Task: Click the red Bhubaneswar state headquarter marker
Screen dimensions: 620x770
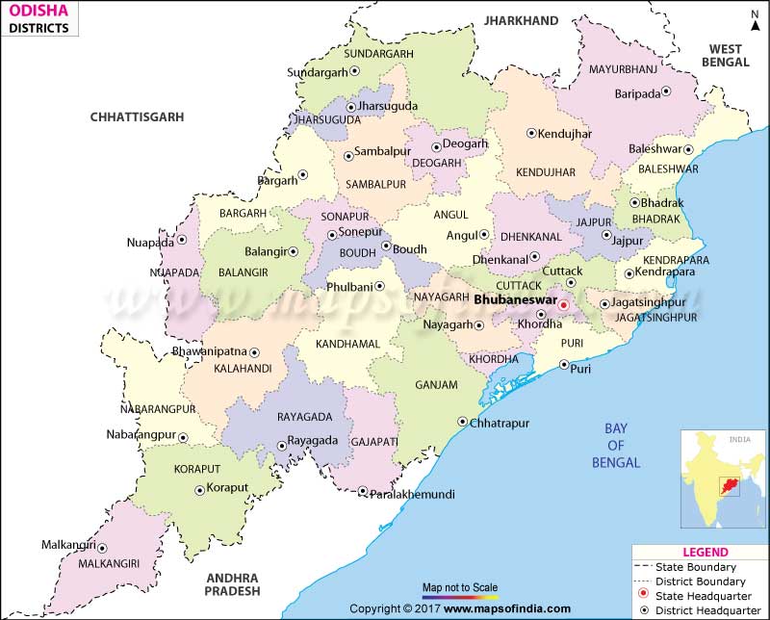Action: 565,307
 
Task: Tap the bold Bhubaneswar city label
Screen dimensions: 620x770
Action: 516,300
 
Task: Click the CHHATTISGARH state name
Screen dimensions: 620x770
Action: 137,116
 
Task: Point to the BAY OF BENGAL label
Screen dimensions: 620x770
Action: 616,445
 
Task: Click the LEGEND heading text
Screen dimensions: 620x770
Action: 705,552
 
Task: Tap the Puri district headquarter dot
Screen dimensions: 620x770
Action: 564,364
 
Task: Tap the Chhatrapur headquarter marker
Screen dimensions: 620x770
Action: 462,422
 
